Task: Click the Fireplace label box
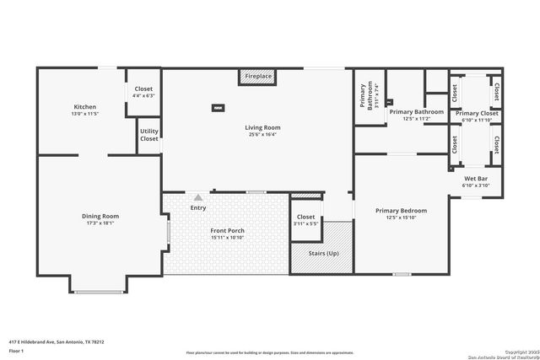[x=258, y=77]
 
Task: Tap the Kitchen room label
[x=85, y=107]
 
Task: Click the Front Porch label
[x=227, y=231]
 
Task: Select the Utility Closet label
[x=149, y=135]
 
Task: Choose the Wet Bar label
[x=477, y=179]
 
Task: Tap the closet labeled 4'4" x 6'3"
[x=143, y=91]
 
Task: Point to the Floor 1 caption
[x=16, y=350]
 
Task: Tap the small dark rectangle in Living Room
[x=219, y=107]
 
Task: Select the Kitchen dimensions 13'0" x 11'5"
[x=85, y=113]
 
